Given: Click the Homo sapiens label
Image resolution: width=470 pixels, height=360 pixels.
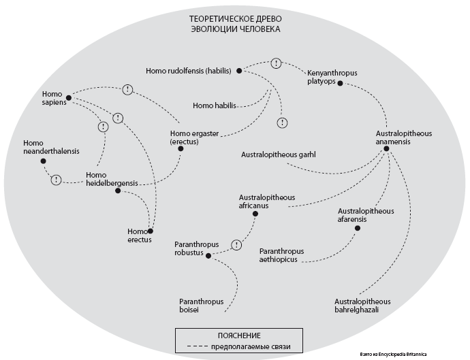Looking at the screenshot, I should point(52,98).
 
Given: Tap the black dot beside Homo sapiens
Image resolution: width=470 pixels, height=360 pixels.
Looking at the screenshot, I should point(69,97).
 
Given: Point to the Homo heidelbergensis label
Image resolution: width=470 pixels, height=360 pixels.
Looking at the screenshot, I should point(112,180).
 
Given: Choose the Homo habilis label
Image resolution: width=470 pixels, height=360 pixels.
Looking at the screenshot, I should point(213,105).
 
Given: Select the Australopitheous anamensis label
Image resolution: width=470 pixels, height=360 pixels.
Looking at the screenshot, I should point(404,137).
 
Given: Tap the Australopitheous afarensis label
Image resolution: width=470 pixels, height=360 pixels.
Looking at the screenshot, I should point(366,215).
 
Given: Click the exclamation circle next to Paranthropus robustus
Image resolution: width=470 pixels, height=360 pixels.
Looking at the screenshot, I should point(237,244).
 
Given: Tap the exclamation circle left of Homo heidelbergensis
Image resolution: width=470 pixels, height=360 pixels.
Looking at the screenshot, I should point(57,180).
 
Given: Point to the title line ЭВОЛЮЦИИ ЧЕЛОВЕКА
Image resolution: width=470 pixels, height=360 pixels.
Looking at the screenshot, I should point(235,29).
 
